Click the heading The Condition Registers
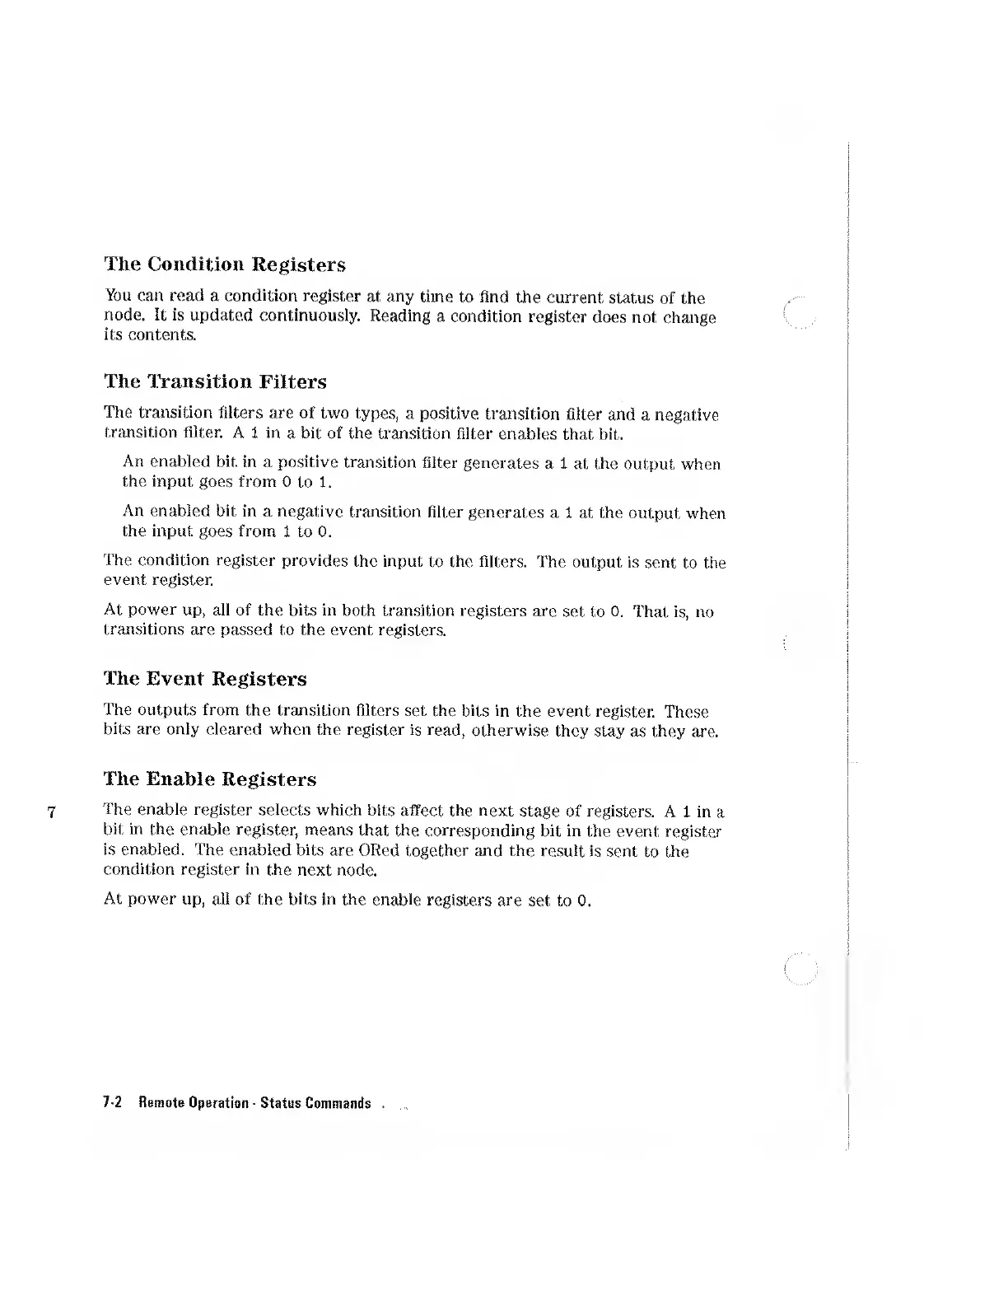click(x=225, y=264)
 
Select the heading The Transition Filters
click(x=216, y=381)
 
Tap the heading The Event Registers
click(x=205, y=679)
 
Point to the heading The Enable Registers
click(x=210, y=779)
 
